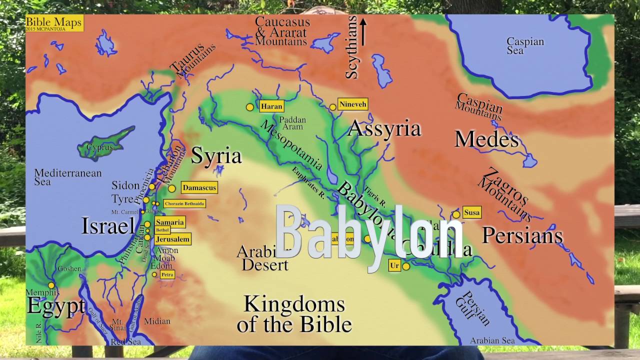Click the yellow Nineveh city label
(353, 104)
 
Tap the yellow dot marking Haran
(249, 107)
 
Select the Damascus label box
(199, 188)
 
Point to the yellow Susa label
(471, 212)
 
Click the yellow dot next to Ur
(406, 266)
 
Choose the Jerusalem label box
(172, 239)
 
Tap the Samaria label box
(169, 222)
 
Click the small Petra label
(166, 274)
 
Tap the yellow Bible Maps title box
(53, 23)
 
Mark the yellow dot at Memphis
(51, 285)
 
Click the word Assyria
(384, 129)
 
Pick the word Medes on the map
(486, 139)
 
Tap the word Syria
(216, 156)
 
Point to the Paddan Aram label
(292, 123)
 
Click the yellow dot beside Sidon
(152, 186)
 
